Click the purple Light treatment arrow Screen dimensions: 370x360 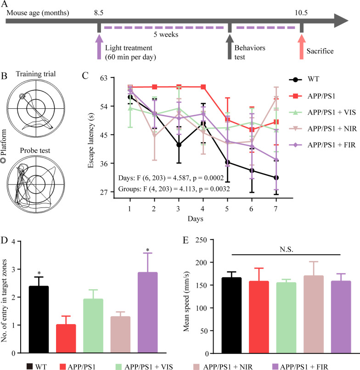click(x=99, y=48)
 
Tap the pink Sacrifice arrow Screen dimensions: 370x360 click(x=301, y=48)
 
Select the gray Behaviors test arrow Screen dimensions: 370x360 click(x=229, y=48)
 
